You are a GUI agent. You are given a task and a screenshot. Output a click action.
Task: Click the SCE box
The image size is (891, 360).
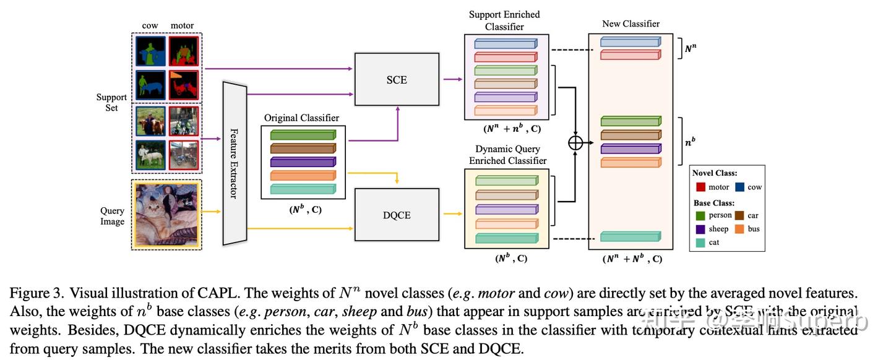396,80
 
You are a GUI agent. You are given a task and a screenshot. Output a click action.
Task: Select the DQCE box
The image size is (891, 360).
396,215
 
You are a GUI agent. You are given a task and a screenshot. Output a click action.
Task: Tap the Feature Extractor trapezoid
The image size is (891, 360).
235,163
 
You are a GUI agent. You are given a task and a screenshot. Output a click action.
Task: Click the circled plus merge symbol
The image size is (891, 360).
575,142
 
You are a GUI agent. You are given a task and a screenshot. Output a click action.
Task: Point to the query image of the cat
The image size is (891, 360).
165,213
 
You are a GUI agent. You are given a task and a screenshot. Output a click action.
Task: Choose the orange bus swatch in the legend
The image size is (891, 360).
739,229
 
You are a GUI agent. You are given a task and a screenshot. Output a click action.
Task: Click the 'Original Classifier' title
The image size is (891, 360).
301,118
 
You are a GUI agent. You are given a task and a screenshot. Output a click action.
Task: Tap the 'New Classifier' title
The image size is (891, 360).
631,24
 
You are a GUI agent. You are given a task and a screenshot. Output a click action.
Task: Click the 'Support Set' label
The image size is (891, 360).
111,103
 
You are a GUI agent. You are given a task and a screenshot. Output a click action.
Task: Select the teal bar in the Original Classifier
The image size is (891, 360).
303,189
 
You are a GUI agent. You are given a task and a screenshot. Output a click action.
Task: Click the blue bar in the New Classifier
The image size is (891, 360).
630,42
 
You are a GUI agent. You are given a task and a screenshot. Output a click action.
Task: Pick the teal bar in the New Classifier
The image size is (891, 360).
630,236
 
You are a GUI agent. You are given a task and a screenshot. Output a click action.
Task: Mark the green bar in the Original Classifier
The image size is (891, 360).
303,135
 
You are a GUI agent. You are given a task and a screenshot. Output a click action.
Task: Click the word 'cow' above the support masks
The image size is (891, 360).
150,25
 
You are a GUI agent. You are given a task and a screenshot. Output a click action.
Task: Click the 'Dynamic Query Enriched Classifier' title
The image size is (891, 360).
507,155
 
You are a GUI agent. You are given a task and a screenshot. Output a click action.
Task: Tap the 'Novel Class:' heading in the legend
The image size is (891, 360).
714,173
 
